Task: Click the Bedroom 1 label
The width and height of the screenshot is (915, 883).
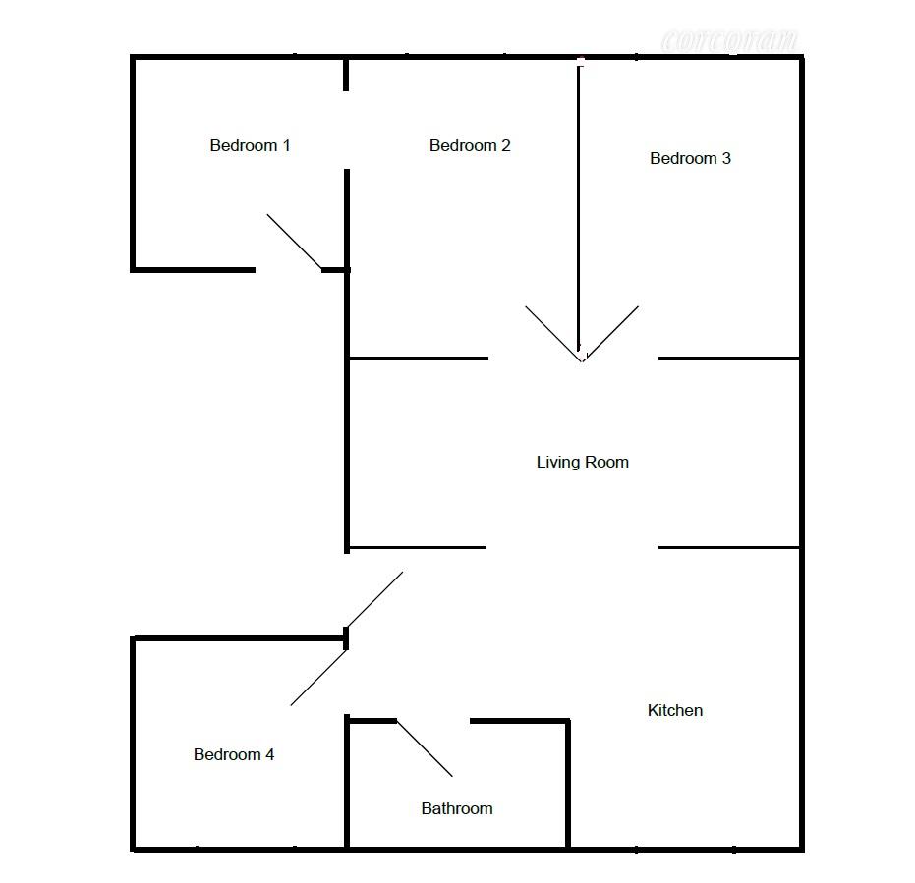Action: click(x=250, y=146)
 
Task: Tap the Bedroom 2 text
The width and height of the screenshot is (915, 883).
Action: click(x=470, y=146)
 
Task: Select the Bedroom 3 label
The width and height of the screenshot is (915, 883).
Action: click(x=690, y=158)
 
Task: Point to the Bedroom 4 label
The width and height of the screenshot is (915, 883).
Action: click(x=233, y=755)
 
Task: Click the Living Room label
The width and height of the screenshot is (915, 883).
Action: click(x=582, y=462)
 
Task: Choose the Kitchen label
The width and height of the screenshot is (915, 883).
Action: click(x=675, y=710)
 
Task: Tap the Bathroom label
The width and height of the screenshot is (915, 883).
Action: click(x=456, y=809)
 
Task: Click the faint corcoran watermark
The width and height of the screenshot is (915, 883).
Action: click(x=729, y=41)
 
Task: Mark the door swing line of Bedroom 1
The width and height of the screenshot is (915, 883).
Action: click(x=294, y=242)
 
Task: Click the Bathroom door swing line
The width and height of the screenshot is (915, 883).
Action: click(x=425, y=749)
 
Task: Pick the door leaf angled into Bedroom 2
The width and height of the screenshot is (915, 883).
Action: click(x=552, y=333)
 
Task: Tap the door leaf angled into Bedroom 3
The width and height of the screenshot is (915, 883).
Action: click(x=611, y=333)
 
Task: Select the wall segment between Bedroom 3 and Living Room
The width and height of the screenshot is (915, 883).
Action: click(x=727, y=359)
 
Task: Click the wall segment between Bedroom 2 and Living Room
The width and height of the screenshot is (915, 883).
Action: click(x=418, y=359)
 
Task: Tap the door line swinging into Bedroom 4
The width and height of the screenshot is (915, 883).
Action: click(x=318, y=678)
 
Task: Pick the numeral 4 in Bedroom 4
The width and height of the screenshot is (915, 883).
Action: click(x=269, y=755)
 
